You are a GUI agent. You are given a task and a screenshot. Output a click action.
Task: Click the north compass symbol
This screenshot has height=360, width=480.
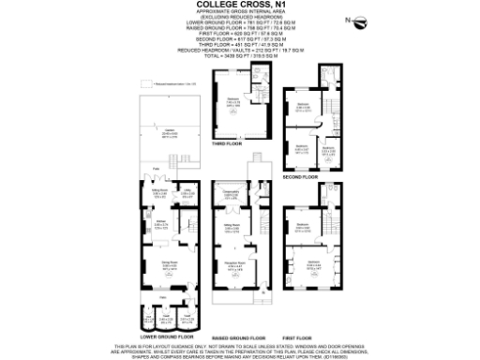350,20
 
